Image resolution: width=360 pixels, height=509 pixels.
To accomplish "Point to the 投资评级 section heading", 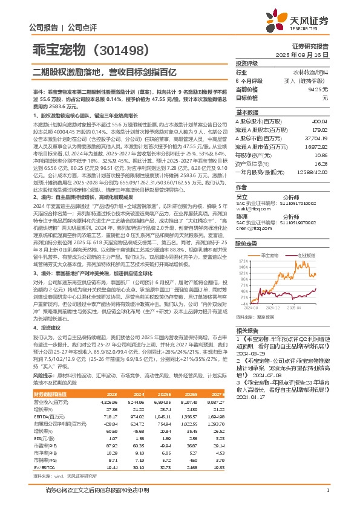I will tap(247, 63).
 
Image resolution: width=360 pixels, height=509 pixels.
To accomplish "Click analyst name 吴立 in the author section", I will tap(241, 197).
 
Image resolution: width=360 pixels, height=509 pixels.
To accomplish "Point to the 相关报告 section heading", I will tap(247, 331).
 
